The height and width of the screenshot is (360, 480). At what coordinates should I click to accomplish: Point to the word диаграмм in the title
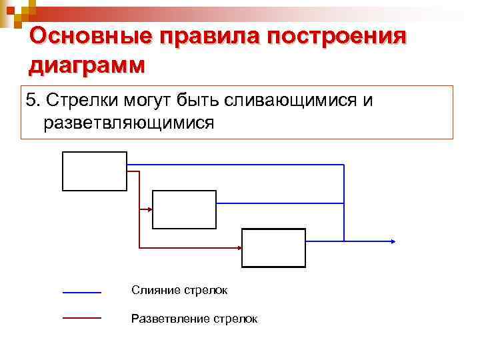[87, 65]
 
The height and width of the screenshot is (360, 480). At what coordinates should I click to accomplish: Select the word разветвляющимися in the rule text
[129, 123]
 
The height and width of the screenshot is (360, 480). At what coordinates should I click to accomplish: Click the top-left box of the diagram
[94, 171]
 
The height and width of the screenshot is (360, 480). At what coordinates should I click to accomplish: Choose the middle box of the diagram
[185, 209]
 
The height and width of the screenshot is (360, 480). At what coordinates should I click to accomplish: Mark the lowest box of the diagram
[273, 247]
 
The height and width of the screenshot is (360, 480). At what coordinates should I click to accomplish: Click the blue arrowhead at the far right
[394, 241]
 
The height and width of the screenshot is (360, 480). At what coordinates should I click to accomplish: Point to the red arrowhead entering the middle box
[149, 209]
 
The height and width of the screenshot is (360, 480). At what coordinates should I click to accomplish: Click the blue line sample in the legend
[81, 292]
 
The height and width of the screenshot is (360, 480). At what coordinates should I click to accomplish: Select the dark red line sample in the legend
[81, 319]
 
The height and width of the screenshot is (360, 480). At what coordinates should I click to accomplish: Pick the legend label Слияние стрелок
[179, 290]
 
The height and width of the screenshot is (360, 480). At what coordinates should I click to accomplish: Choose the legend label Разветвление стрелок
[194, 319]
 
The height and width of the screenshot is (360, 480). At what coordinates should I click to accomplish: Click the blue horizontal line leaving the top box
[233, 164]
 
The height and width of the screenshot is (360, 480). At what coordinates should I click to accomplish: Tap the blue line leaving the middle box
[280, 203]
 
